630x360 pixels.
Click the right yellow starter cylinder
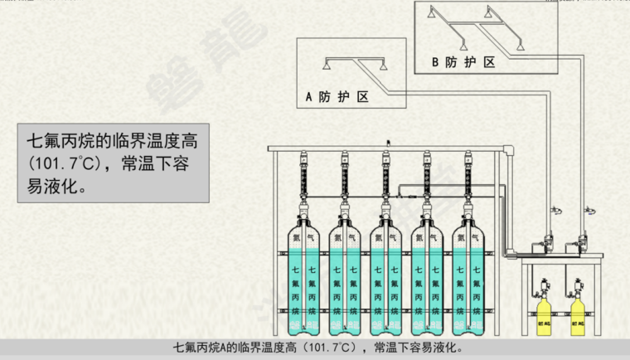(x=578, y=314)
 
